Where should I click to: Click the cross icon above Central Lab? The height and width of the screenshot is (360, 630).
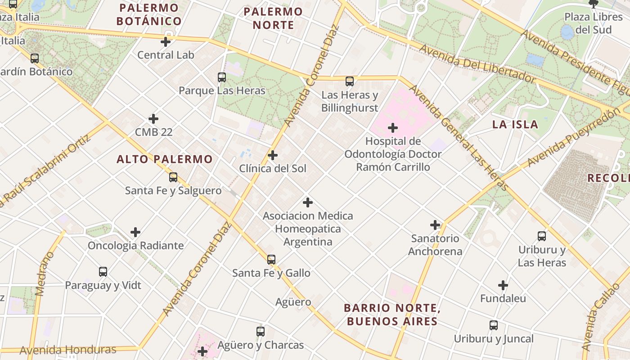166,42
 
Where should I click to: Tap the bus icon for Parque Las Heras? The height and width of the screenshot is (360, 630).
222,77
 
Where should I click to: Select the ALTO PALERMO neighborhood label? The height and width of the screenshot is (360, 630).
164,159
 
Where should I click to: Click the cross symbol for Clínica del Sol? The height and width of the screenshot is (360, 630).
273,155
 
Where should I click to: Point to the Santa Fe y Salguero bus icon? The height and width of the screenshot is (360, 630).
173,177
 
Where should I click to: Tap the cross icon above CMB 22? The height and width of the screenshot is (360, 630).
153,119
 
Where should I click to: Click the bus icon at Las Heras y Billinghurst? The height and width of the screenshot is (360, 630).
350,81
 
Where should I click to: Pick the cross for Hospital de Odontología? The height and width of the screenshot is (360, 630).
393,128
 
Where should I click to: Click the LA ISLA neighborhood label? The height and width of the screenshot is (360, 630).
515,125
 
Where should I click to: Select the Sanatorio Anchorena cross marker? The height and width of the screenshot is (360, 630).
435,225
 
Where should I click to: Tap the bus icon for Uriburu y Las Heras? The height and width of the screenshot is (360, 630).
542,236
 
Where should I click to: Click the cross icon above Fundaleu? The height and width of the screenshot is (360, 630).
503,285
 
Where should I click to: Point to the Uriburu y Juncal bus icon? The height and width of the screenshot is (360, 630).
494,325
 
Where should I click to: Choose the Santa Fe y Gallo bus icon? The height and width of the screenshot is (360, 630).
271,260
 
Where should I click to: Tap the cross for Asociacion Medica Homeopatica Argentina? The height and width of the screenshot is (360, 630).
308,202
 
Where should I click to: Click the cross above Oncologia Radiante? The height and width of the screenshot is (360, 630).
135,232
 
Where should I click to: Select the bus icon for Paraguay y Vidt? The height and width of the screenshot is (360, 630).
103,272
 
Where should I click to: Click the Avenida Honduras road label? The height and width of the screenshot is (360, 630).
68,350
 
